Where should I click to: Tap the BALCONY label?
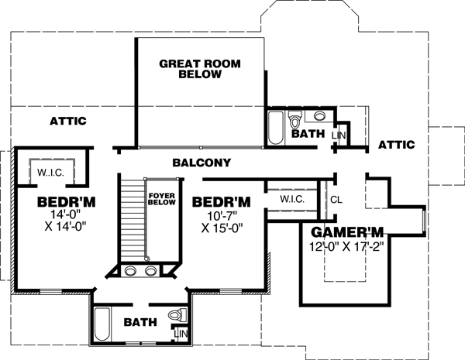pos(201,163)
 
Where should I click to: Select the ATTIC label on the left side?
pos(67,122)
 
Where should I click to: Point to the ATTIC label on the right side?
pos(396,145)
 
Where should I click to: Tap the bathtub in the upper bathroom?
pos(275,128)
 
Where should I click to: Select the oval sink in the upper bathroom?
pos(319,117)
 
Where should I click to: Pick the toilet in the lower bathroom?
pos(177,317)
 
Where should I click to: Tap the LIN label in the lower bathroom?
pos(181,334)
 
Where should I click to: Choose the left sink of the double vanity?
pos(129,272)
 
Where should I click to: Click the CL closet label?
pos(336,199)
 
